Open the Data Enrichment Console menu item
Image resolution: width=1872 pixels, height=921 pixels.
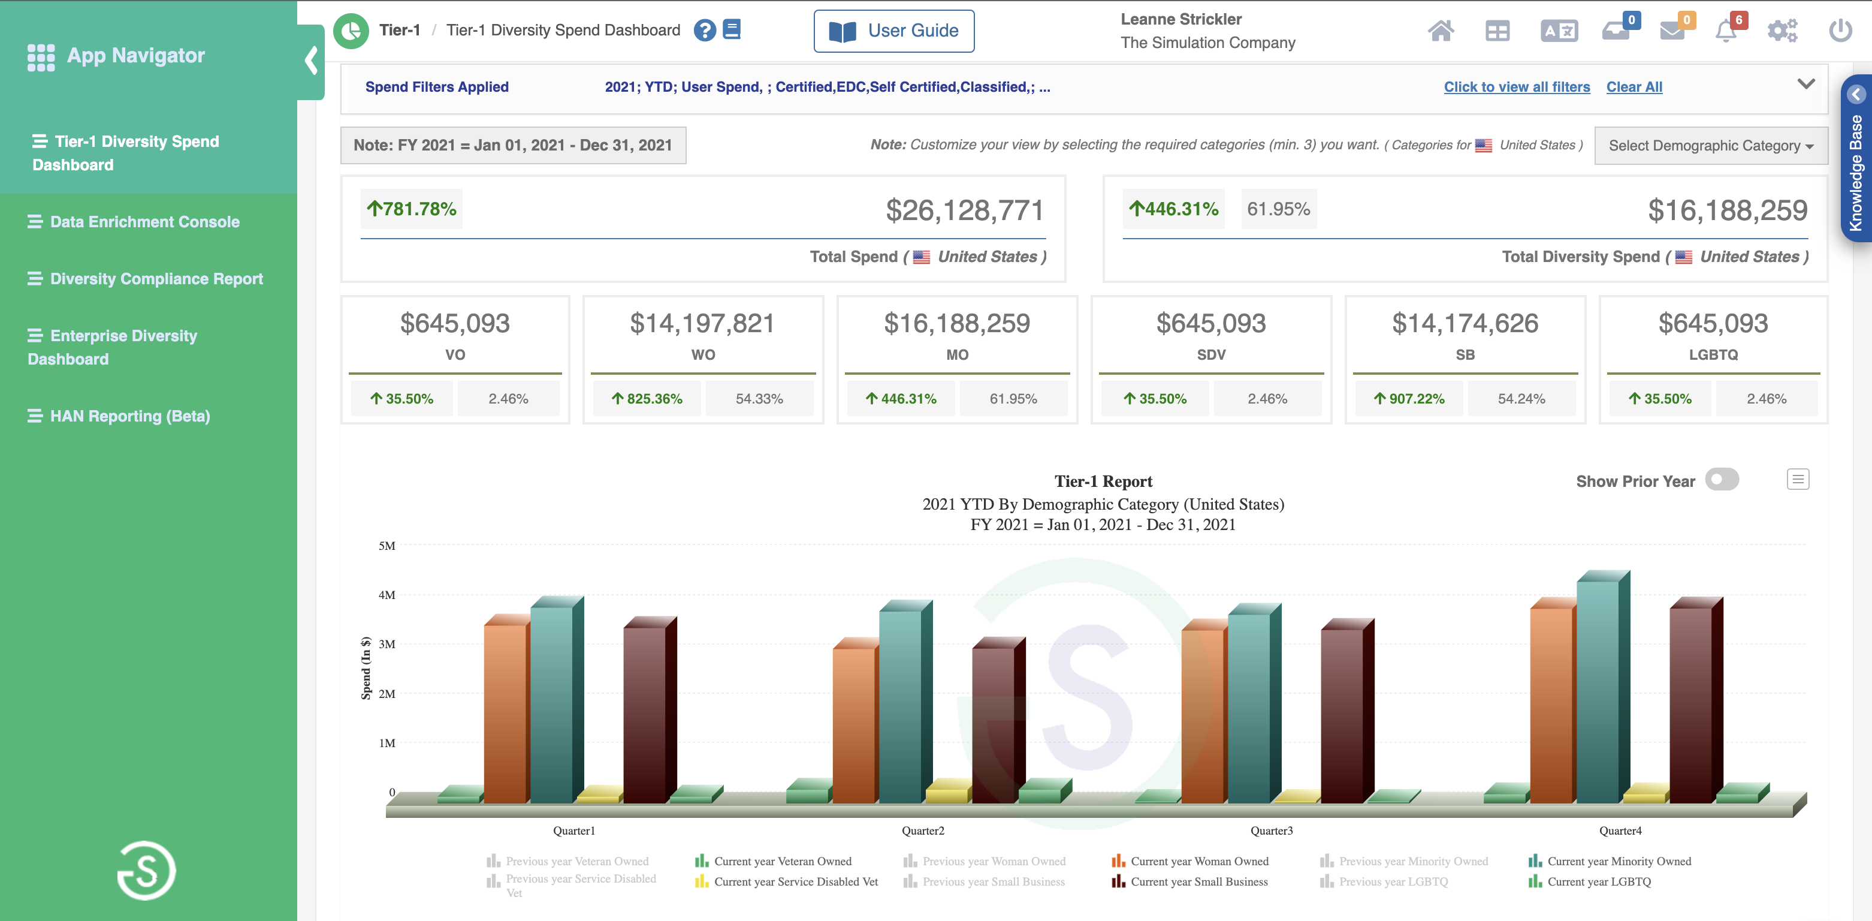(144, 222)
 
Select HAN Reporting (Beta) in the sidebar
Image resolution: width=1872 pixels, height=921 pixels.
(129, 416)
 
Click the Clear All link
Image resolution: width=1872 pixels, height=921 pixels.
(1634, 86)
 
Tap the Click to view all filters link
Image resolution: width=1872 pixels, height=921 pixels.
(1516, 86)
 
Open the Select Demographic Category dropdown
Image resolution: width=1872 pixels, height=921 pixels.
(1710, 145)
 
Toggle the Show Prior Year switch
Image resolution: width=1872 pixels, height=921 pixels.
(1722, 480)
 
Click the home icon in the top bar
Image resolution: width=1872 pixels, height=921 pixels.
(1441, 31)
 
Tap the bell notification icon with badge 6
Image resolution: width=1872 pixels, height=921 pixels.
(1726, 31)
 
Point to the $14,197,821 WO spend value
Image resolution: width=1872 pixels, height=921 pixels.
(702, 323)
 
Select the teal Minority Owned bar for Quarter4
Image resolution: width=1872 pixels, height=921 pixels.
(1598, 691)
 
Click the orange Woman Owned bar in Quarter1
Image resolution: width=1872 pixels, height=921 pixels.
(505, 712)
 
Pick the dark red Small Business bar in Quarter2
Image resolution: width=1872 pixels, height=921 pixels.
(993, 723)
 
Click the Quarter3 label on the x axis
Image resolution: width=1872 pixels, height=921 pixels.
(1271, 830)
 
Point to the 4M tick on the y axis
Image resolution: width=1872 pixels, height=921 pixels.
(387, 595)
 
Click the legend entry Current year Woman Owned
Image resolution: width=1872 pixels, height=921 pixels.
(1198, 860)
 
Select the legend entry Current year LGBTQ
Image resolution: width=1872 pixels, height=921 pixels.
(1598, 881)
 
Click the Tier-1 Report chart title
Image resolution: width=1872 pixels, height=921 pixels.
(1103, 481)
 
